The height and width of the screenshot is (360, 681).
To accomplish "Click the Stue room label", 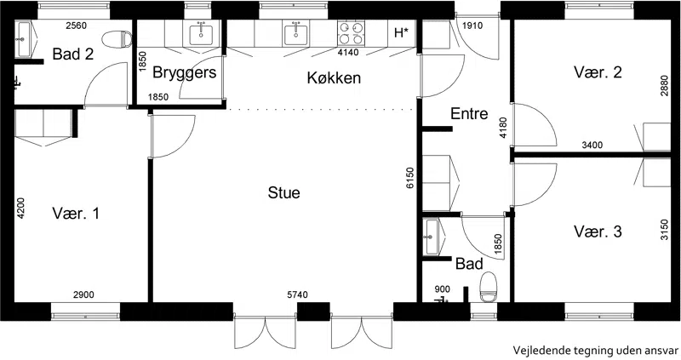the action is [x=283, y=192].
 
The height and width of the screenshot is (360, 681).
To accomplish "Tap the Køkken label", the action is [x=334, y=77].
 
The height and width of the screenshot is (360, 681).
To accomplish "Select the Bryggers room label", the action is [x=185, y=72].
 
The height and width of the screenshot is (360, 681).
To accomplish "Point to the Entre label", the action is [x=469, y=113].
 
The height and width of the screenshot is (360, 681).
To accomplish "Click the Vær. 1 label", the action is [x=76, y=214].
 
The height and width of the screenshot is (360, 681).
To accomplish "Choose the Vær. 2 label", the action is [x=598, y=71].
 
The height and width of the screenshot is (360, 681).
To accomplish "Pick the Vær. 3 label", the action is [x=598, y=231].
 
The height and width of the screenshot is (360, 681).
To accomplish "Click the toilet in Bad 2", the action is [x=117, y=39].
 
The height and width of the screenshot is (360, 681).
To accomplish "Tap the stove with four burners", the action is [x=351, y=33].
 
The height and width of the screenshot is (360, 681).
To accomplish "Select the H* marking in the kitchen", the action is [x=402, y=32].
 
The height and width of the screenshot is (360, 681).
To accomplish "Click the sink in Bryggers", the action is [x=201, y=34].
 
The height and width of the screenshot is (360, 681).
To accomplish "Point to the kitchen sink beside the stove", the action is [x=295, y=34].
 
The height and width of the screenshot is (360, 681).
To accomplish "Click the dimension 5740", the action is [x=297, y=294].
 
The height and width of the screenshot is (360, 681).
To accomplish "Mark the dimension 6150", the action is [x=410, y=178].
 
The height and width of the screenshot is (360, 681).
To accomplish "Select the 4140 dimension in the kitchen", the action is [x=348, y=53].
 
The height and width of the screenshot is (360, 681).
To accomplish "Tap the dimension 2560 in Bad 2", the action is [x=76, y=26].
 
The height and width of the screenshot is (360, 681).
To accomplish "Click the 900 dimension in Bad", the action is [x=442, y=289].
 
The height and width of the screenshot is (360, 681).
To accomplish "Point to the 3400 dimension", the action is [x=592, y=145].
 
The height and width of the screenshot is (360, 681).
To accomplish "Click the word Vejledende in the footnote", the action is [x=535, y=351].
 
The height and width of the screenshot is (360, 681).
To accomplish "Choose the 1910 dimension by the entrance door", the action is [x=472, y=26].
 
